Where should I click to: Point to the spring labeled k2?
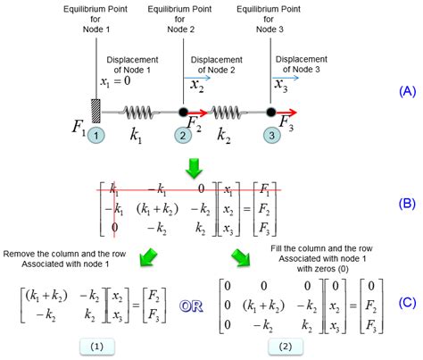(227, 113)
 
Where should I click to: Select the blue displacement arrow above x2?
(195, 79)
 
